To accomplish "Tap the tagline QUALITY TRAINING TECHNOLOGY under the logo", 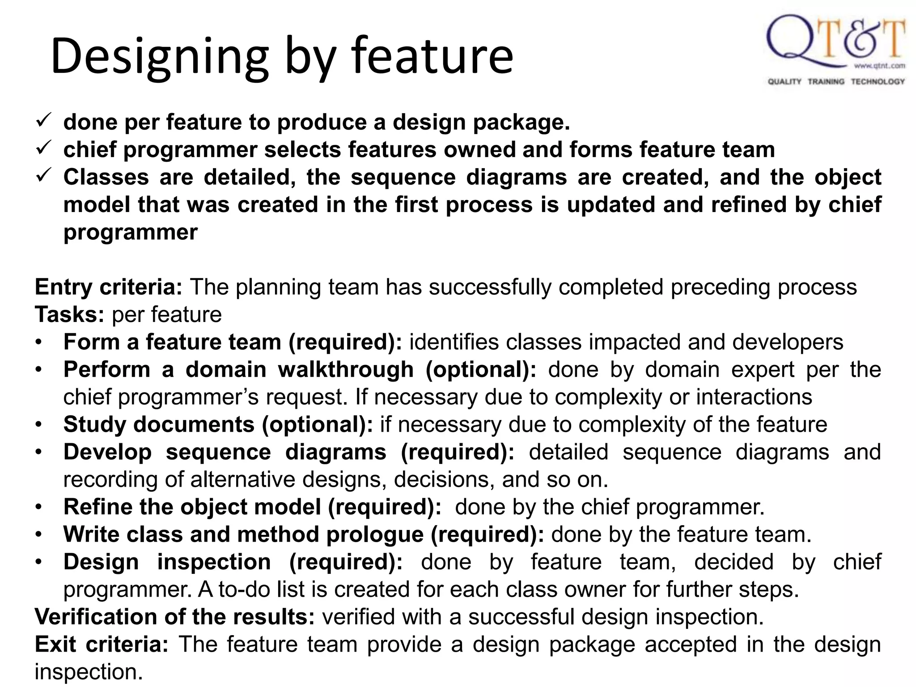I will click(x=836, y=81).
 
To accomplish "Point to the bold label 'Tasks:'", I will click(x=69, y=314).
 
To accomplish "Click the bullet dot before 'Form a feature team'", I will click(x=39, y=343).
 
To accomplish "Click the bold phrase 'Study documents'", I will click(x=159, y=424).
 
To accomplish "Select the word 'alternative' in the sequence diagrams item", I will click(x=244, y=479).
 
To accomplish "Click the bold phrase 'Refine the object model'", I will click(x=192, y=507).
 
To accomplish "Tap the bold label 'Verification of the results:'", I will click(x=175, y=617).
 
